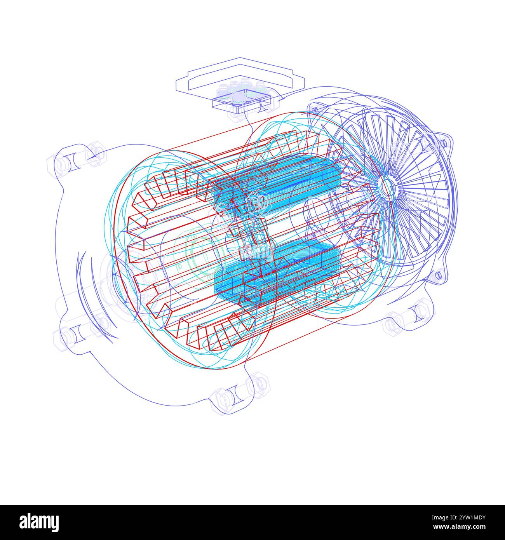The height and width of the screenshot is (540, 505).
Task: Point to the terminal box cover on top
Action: [x=239, y=75]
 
